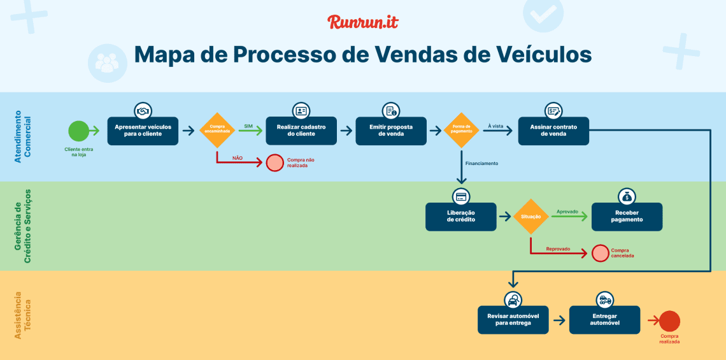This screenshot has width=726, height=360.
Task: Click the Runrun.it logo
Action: (362, 22)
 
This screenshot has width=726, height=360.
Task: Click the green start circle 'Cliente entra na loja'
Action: (78, 131)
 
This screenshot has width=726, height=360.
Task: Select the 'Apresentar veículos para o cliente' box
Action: (143, 131)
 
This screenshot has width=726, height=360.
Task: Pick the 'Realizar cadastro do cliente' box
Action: (301, 131)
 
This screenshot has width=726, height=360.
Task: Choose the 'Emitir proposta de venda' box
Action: (390, 131)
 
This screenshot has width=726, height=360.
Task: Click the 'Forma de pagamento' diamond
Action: (460, 131)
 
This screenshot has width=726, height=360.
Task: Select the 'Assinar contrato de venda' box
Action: (553, 131)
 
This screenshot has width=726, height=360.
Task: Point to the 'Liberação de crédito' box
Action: (461, 216)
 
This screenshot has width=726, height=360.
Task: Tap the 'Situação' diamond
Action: (530, 217)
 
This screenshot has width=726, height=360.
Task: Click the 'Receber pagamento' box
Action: (627, 216)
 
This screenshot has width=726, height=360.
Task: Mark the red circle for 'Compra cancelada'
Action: (600, 253)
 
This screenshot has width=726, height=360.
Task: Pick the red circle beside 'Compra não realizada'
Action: (274, 162)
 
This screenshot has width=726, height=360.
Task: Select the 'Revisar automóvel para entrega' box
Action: (513, 320)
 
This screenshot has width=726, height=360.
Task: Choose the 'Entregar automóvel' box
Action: (604, 320)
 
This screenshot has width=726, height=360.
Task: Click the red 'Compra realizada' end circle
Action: (669, 320)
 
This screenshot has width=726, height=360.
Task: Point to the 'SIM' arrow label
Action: (248, 126)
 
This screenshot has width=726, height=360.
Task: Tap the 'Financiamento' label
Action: (481, 163)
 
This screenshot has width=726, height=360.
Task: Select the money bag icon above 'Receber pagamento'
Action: (627, 196)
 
